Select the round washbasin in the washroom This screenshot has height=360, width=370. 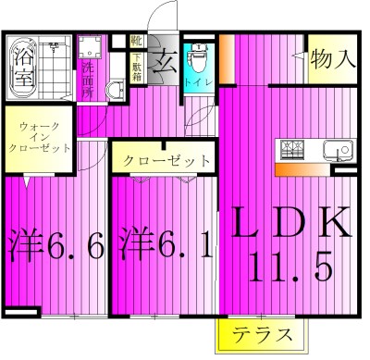pyautogui.click(x=116, y=90)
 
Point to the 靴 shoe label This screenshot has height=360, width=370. pyautogui.click(x=135, y=41)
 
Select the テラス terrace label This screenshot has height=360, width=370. pyautogui.click(x=263, y=335)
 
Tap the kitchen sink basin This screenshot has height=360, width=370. pyautogui.click(x=335, y=149)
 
